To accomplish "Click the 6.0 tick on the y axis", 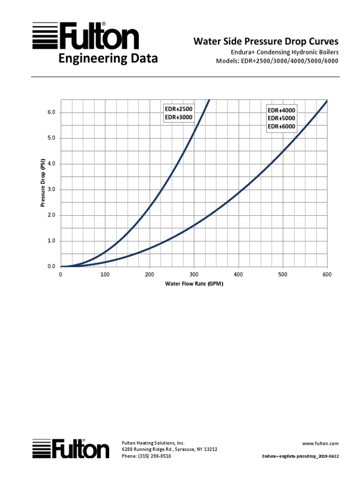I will [x=51, y=112].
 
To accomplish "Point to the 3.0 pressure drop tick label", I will [x=51, y=189].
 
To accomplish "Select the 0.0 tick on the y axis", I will [x=51, y=266].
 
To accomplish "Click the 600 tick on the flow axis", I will [x=327, y=275].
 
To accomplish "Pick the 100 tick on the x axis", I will [x=105, y=275].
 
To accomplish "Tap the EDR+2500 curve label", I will [x=179, y=109].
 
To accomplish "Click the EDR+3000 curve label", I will [x=179, y=117].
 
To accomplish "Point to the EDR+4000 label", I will [x=282, y=111].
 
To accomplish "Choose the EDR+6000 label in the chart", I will [x=282, y=127].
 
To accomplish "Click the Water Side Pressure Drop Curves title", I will [x=266, y=42].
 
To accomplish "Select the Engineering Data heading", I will [x=108, y=59].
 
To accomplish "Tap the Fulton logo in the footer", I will [x=71, y=449].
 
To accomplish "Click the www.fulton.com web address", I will [x=321, y=443].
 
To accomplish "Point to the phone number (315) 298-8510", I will [x=146, y=456].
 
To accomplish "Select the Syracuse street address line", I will [x=169, y=449].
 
